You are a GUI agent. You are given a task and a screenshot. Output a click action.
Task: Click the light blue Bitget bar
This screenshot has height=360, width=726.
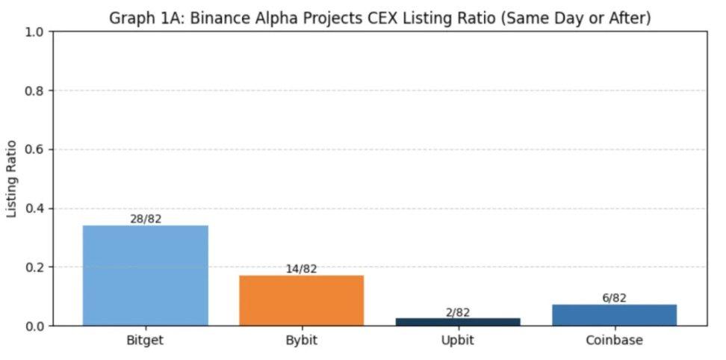(x=145, y=275)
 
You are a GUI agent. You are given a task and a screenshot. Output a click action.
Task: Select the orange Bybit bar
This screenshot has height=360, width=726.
(x=302, y=300)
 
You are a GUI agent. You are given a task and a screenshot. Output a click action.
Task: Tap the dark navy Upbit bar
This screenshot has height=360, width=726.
(x=458, y=322)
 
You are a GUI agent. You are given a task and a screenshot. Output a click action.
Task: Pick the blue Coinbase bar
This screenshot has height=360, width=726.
(x=614, y=314)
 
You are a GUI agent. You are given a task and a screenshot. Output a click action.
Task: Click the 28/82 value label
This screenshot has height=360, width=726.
(x=145, y=219)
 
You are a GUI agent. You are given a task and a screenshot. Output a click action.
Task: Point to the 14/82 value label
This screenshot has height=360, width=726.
(x=302, y=269)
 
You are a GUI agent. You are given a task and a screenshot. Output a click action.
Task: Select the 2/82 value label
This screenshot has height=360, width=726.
(x=458, y=312)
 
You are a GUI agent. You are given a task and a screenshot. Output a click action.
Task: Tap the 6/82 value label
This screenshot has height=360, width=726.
(x=614, y=298)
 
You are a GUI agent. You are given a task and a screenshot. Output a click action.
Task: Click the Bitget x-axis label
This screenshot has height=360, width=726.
(x=145, y=341)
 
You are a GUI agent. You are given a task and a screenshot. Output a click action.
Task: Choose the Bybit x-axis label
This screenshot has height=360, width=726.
(x=302, y=341)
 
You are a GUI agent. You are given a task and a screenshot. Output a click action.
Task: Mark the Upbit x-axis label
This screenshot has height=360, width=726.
(x=458, y=341)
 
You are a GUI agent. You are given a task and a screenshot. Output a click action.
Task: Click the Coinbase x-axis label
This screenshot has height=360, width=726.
(x=614, y=341)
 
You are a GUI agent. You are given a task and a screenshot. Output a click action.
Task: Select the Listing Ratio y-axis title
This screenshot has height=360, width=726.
(x=11, y=179)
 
